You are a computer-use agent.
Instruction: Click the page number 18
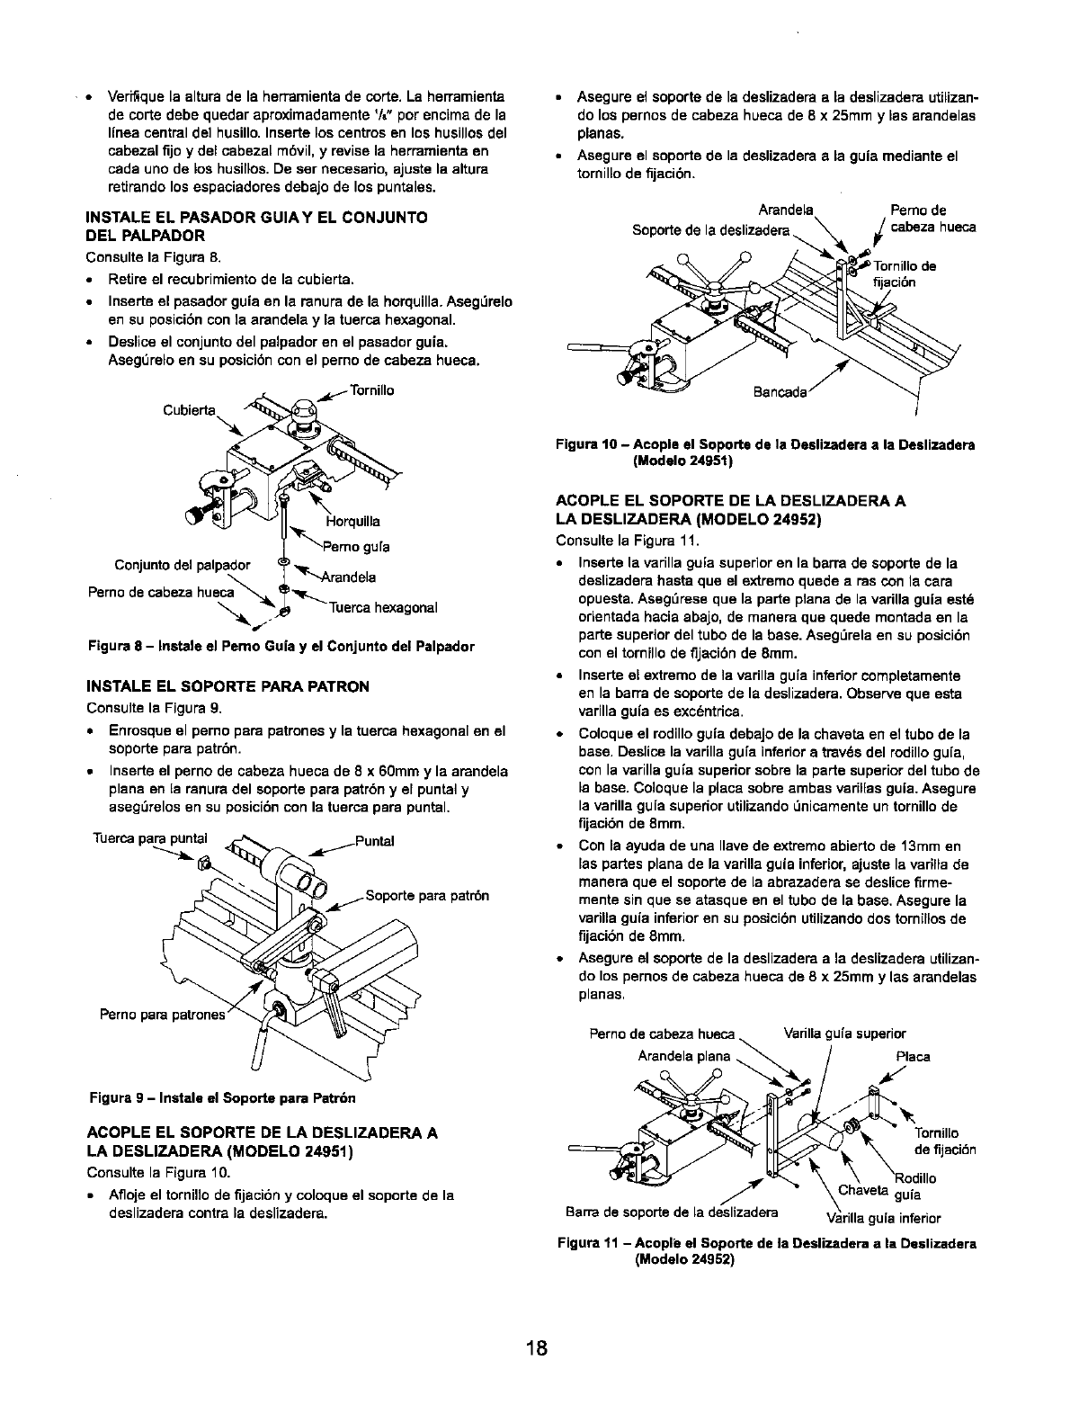538,1348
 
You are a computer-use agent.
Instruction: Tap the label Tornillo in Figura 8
372,390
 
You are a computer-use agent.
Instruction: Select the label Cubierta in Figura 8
189,411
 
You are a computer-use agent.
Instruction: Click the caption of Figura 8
281,647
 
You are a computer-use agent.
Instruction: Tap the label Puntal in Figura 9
375,842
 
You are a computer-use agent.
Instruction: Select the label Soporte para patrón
427,896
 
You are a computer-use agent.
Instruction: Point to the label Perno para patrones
161,1014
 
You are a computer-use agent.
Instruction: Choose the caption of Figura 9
222,1098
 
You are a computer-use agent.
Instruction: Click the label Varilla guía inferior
884,1219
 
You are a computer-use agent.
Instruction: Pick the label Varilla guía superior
845,1034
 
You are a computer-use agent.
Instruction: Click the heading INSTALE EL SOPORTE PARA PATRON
227,686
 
